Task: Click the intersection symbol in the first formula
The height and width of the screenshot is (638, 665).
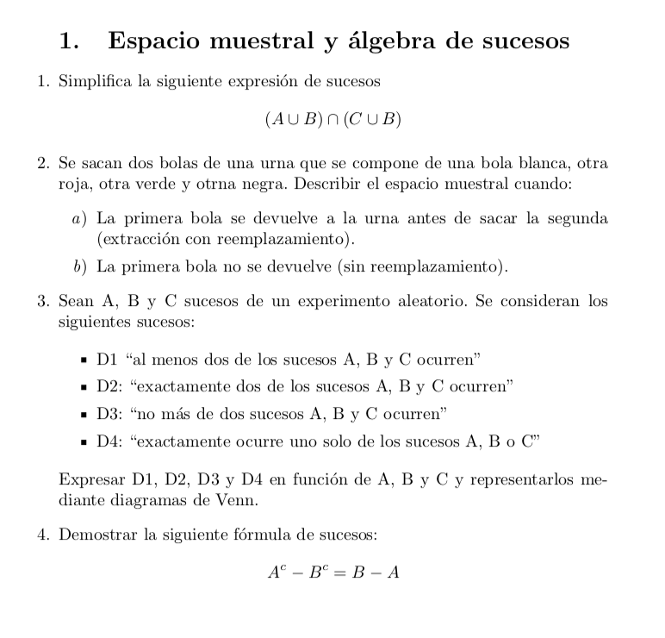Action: (x=332, y=120)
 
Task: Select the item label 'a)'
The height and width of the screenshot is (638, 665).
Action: (x=80, y=218)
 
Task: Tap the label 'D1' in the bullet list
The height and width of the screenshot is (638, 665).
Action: (x=108, y=359)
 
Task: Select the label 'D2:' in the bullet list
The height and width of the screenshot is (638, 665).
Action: (x=110, y=386)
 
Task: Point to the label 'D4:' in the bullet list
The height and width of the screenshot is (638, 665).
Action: (x=110, y=442)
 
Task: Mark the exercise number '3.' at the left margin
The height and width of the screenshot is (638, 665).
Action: (x=45, y=302)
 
